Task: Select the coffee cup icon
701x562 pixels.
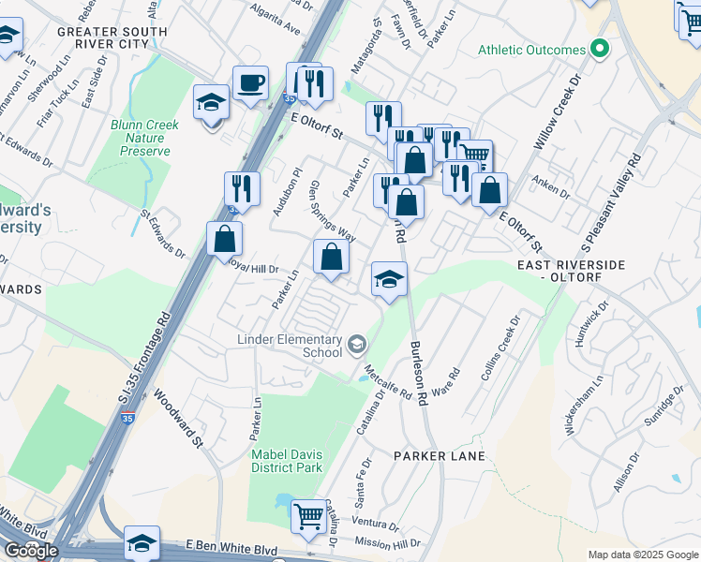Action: coord(250,83)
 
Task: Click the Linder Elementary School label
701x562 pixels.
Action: coord(289,345)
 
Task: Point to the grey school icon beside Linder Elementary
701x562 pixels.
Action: coord(356,346)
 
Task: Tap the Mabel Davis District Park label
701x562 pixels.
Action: coord(286,461)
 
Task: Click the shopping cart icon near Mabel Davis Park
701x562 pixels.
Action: coord(308,515)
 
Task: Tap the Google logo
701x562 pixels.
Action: coord(30,551)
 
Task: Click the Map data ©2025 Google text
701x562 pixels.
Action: coord(643,555)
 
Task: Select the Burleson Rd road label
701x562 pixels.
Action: coord(418,373)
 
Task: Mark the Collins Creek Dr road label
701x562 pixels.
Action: coord(499,352)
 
